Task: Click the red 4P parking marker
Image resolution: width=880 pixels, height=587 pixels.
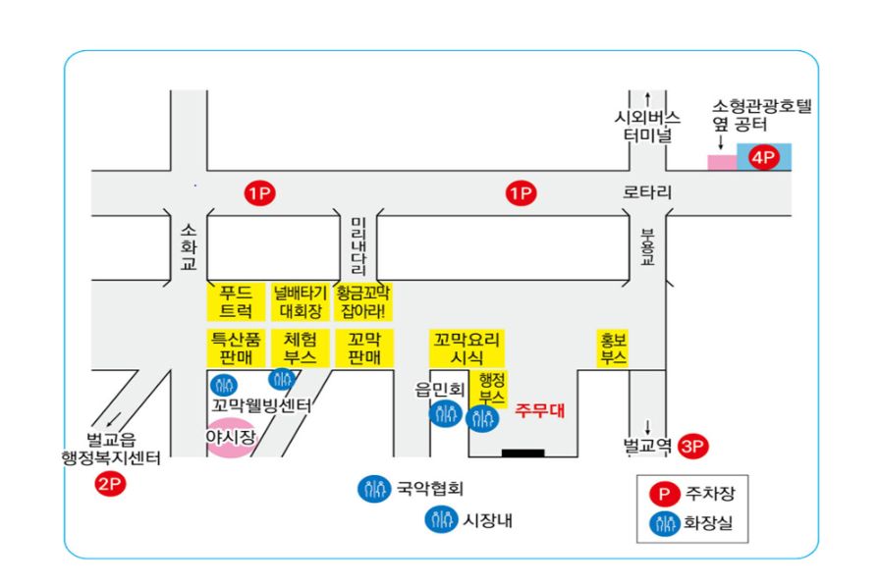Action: (763, 157)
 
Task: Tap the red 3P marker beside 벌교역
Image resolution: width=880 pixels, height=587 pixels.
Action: (693, 446)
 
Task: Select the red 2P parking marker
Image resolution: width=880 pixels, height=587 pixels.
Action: (108, 483)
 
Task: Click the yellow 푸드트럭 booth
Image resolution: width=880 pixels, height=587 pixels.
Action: (236, 301)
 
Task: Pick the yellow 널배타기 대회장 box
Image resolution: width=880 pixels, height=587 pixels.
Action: (300, 301)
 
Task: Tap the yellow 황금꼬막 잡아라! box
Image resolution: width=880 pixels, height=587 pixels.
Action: (363, 301)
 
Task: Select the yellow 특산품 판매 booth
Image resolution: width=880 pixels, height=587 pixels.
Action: (236, 348)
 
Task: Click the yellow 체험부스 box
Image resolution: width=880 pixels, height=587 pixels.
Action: (300, 348)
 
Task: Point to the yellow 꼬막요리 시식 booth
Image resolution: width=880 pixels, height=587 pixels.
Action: (467, 348)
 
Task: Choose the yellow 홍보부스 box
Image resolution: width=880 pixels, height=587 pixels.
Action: (613, 348)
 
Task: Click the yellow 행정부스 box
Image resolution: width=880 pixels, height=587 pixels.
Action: (491, 389)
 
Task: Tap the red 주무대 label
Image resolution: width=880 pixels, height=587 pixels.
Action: (539, 410)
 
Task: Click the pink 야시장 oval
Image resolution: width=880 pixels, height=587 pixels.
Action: (230, 438)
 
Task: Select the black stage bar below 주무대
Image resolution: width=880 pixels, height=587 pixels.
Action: (522, 454)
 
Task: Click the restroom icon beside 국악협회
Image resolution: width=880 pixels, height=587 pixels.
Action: (375, 488)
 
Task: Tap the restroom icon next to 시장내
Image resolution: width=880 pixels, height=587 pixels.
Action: (440, 520)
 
